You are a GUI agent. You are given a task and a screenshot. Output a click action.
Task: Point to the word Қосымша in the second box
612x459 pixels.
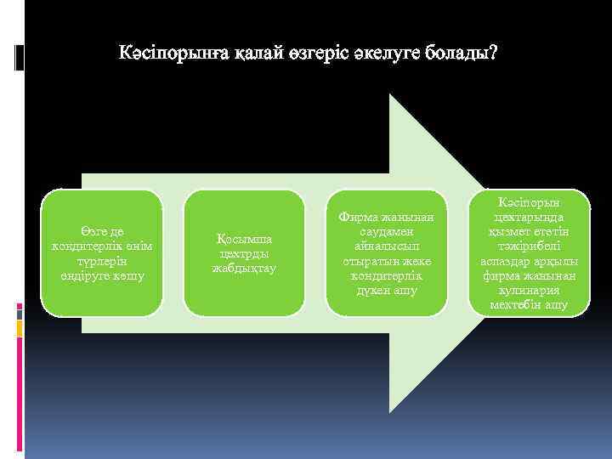(245, 238)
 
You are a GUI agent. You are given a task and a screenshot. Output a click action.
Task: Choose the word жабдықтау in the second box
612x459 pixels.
(245, 269)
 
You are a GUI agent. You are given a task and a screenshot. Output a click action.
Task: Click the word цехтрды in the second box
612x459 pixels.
(245, 253)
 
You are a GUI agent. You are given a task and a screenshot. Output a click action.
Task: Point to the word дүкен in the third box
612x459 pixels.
(362, 291)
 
